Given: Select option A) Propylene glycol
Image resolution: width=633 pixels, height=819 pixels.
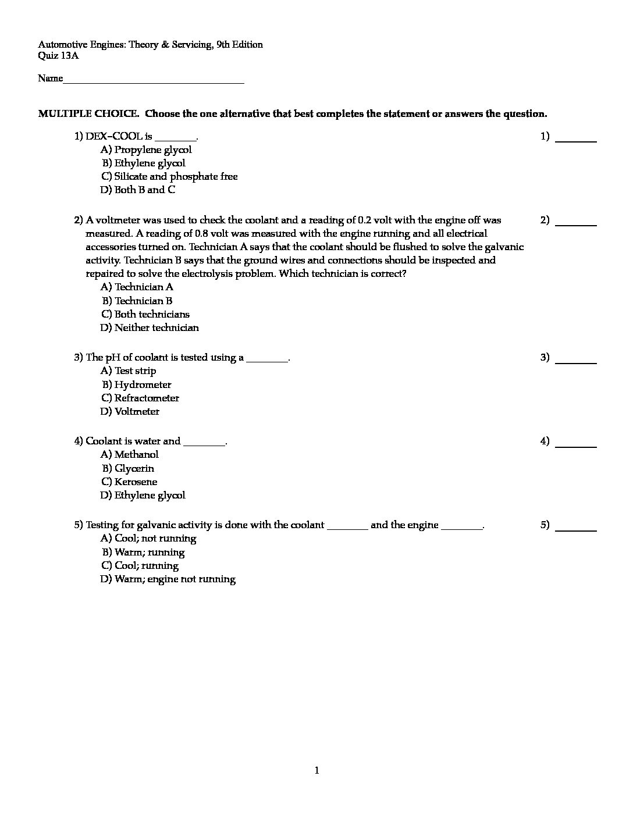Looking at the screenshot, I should (146, 149).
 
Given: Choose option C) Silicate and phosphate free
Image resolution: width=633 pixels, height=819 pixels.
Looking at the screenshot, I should (169, 176).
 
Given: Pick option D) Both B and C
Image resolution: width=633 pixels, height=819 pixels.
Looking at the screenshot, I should (138, 190).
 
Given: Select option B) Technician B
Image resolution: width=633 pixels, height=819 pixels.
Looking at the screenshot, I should (137, 301).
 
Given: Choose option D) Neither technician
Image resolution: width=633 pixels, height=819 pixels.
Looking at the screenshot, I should (150, 327).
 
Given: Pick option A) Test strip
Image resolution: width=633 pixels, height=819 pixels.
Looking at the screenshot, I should (129, 371).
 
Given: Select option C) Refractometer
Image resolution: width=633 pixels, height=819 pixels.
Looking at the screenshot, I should (140, 398).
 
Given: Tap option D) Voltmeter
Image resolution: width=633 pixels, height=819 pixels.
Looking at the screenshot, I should (130, 411).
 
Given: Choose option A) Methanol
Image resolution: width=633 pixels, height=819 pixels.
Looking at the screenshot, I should (130, 454).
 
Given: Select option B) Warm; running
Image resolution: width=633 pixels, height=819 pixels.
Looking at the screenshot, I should (143, 552).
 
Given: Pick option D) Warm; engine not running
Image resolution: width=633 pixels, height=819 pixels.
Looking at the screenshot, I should (168, 579).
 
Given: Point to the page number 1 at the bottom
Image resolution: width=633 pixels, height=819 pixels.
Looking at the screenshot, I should (316, 771).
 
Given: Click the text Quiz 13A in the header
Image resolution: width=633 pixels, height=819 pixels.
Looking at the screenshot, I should (58, 56).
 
